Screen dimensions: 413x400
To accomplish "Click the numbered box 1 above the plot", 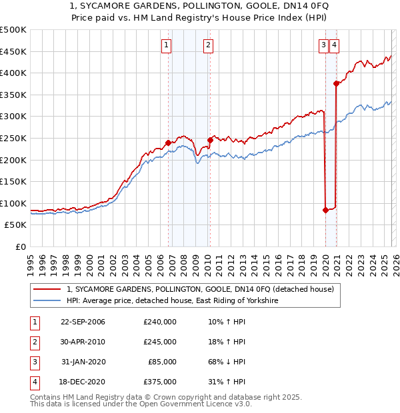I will point(165,45).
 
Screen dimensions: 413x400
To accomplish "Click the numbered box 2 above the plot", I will point(208,45).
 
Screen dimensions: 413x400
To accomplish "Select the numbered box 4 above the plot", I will point(333,45).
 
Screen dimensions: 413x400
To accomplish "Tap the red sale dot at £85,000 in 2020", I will point(325,210).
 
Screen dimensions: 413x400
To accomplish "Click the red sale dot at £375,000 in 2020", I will point(336,83).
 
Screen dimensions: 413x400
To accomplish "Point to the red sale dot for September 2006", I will point(168,142).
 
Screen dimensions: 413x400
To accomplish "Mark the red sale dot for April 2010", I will point(210,140).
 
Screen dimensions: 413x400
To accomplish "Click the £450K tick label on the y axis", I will point(13,51).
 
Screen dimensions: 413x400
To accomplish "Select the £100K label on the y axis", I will point(13,203).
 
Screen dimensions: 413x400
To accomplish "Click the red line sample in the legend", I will point(47,289).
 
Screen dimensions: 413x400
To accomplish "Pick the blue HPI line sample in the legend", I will point(47,300).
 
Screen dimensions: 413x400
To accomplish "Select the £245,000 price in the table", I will point(159,342).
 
